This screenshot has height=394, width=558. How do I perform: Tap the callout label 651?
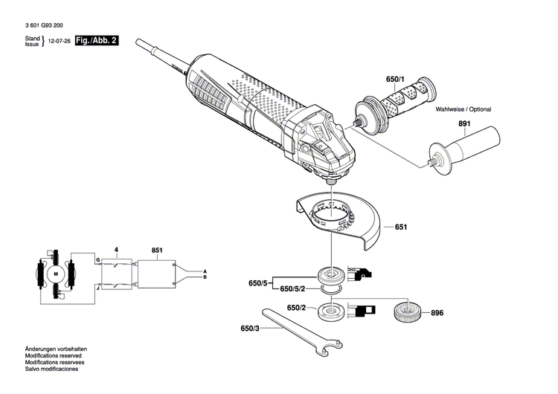click(x=401, y=227)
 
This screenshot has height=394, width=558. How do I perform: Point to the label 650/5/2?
click(x=296, y=288)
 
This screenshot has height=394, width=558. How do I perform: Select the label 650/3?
click(x=250, y=328)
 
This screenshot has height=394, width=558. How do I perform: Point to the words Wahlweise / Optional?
click(x=464, y=109)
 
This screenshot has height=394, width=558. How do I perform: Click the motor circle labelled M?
click(x=55, y=274)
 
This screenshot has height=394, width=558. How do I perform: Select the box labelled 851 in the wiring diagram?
click(x=154, y=274)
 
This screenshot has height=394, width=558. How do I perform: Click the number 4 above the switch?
click(x=116, y=249)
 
